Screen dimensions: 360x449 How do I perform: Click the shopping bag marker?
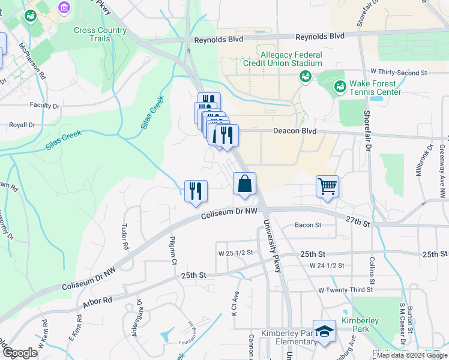244,184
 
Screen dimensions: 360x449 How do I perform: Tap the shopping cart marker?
327,187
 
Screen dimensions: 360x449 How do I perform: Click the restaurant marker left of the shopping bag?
196,191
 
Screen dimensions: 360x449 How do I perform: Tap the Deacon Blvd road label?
294,130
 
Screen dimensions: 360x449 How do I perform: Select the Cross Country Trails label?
92,34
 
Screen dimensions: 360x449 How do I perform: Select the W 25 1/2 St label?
237,254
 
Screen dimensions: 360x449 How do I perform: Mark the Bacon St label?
309,225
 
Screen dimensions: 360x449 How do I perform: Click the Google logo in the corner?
20,353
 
